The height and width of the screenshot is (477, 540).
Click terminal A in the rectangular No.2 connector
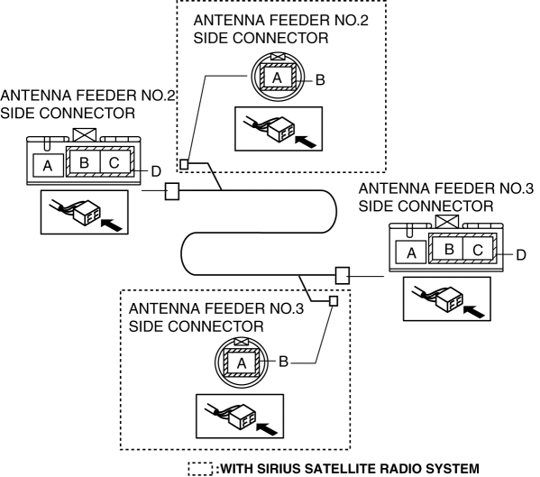click(x=48, y=166)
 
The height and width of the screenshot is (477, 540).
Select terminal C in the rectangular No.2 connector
click(x=115, y=162)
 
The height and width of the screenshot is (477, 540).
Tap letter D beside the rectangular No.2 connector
click(x=156, y=171)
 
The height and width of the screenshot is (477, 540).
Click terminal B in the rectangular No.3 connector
click(x=448, y=249)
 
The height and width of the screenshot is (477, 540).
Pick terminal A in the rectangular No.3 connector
click(x=411, y=252)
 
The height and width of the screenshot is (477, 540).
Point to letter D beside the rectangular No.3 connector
click(x=521, y=255)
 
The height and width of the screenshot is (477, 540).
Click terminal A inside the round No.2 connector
click(x=278, y=78)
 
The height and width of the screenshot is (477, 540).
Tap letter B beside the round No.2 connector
click(x=320, y=80)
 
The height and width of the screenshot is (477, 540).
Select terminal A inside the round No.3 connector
click(x=241, y=363)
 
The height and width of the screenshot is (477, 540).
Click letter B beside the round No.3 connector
click(x=283, y=362)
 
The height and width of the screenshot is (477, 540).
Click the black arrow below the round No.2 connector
click(x=306, y=142)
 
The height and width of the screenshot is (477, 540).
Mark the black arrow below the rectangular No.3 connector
click(x=474, y=312)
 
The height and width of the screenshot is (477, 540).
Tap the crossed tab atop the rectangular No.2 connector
click(x=85, y=134)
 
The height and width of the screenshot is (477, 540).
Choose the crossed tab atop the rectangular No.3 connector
click(x=447, y=222)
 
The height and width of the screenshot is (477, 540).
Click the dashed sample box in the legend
click(x=200, y=469)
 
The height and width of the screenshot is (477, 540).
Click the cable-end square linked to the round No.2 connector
click(x=184, y=164)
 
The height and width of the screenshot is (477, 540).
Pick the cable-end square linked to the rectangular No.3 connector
click(x=343, y=276)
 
